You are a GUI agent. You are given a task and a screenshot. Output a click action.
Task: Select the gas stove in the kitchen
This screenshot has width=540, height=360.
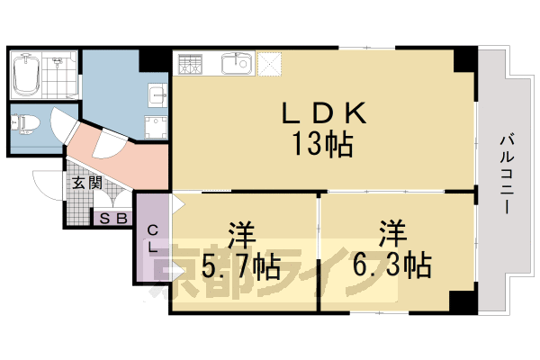pos(190,64)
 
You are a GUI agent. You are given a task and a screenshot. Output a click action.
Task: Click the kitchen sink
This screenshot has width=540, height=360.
pos(238,64)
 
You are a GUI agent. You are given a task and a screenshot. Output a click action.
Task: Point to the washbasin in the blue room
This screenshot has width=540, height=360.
pos(155,93)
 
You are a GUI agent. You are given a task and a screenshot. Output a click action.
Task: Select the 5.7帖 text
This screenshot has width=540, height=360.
pos(240,266)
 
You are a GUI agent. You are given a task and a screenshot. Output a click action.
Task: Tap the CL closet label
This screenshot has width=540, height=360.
pos(153,238)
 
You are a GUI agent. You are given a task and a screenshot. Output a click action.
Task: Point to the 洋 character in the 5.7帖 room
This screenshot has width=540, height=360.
pos(240,236)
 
